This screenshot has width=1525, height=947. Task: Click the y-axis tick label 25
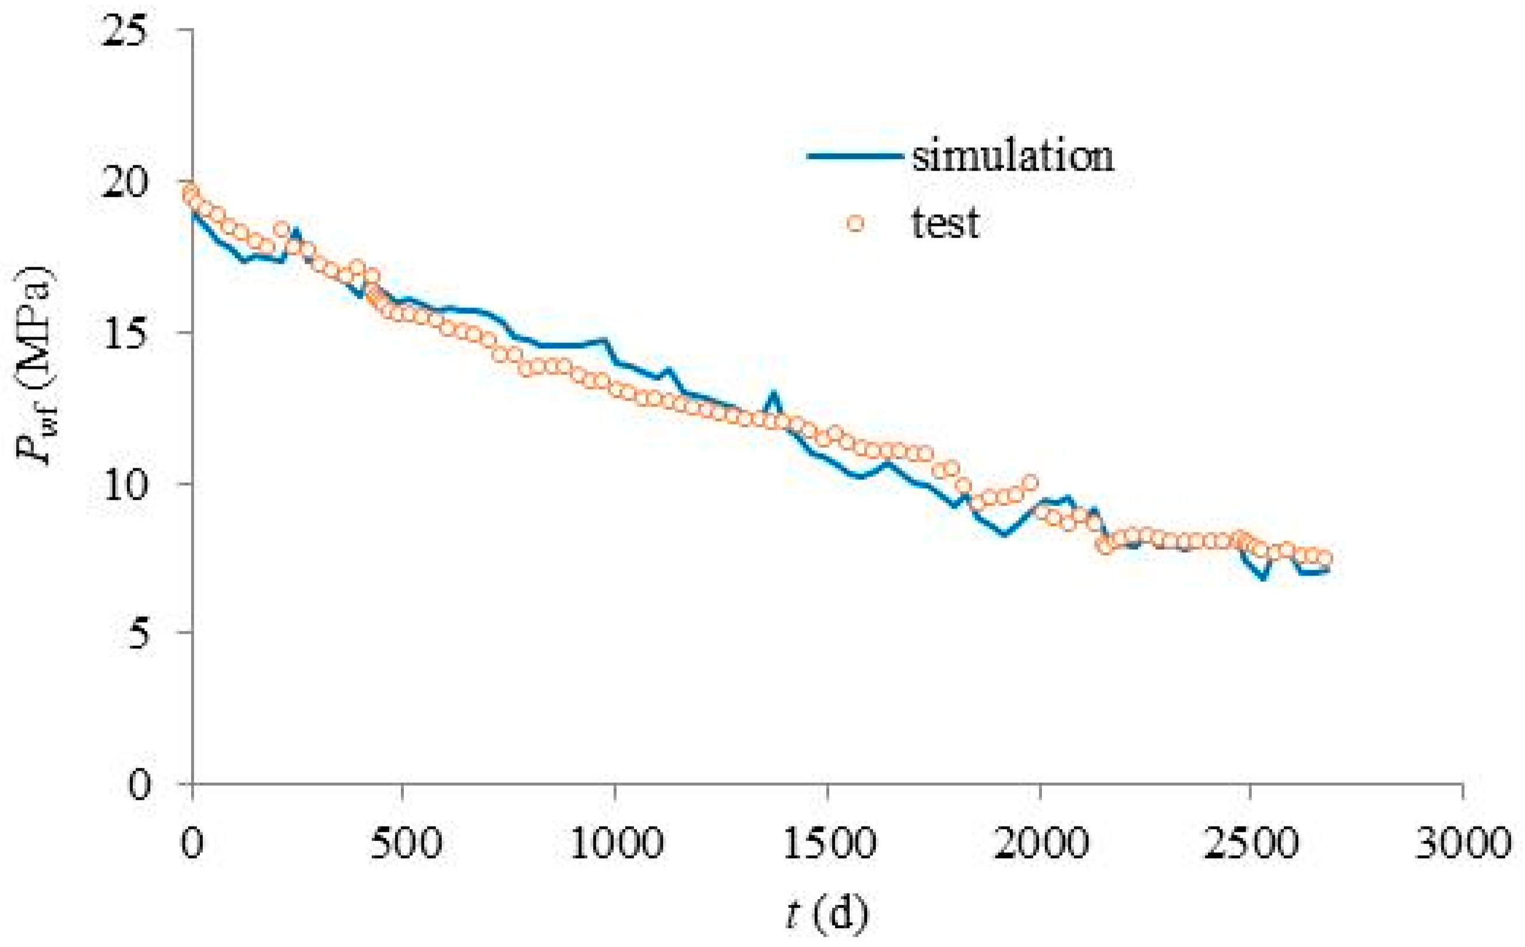pos(128,31)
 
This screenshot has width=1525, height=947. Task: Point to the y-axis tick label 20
pos(128,183)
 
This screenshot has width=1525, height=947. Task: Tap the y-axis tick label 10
pos(128,484)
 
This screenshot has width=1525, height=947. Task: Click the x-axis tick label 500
pos(406,843)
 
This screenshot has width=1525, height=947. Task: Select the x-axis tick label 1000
pos(617,843)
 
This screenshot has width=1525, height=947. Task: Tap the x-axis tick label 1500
pos(829,843)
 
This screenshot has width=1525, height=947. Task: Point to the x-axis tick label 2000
pos(1040,843)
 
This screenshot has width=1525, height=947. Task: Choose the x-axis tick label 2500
pos(1251,843)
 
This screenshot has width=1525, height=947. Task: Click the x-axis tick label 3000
pos(1463,843)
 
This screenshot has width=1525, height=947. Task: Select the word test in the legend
pos(945,223)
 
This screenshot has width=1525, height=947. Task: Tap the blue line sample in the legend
pos(855,156)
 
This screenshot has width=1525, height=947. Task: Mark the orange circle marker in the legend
pos(855,223)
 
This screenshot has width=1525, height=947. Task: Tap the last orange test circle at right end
pos(1324,558)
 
